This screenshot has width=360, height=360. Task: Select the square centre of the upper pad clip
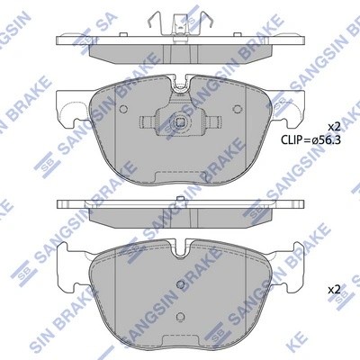(x=180, y=123)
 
